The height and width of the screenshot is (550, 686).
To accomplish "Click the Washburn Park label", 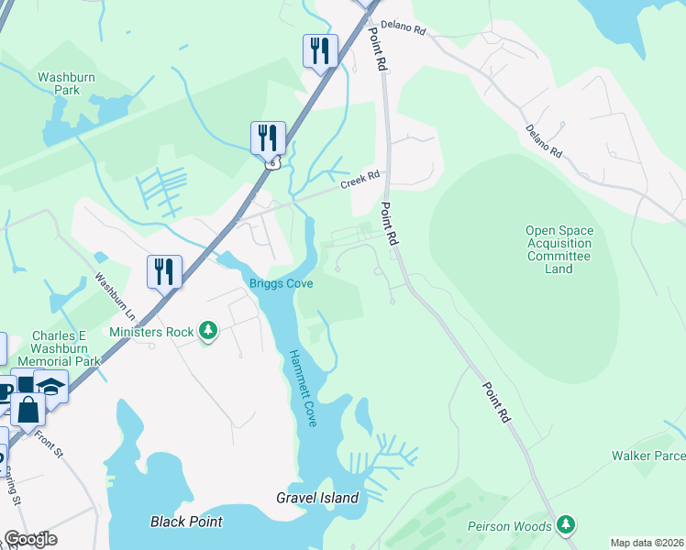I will click(66, 84).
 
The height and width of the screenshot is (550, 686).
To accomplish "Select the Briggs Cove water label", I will click(282, 284).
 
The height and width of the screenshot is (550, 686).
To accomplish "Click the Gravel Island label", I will click(317, 499).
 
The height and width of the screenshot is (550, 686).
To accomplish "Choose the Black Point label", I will click(186, 522).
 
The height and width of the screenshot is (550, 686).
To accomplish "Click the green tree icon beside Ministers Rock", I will click(208, 331).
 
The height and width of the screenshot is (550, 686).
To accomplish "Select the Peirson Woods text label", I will click(509, 526).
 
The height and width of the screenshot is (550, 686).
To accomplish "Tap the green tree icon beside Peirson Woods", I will click(568, 525).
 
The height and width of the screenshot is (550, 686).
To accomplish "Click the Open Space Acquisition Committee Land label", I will click(559, 250).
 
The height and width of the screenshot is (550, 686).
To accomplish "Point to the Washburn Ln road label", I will click(116, 293).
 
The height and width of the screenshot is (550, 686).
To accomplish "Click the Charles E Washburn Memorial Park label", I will click(65, 348).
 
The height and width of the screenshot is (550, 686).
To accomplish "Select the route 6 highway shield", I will click(272, 163).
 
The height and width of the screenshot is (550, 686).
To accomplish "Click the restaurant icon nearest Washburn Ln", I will click(164, 270).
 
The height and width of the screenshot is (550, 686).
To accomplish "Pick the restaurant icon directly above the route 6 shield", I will click(268, 137).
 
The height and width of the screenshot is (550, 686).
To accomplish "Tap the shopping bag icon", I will click(28, 409).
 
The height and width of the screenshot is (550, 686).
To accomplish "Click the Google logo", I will click(30, 539).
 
